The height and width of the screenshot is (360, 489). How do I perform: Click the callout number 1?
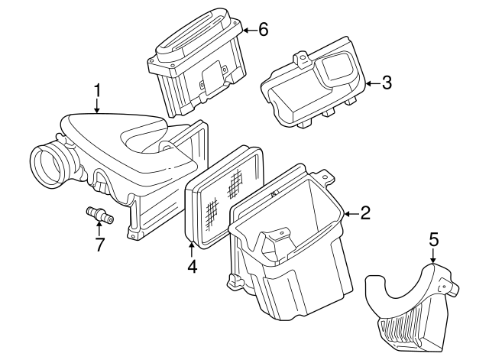(97, 90)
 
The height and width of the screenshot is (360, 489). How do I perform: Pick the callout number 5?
(433, 240)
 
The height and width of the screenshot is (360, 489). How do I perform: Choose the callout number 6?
(263, 30)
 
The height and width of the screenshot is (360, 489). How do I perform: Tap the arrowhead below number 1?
(97, 111)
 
